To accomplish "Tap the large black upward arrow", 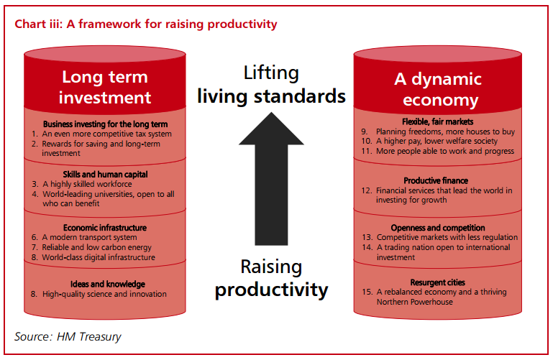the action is coord(271,179).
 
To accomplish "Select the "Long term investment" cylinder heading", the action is coord(105,87).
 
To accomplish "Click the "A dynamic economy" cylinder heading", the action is coord(438,89).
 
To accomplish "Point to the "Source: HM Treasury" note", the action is coord(68,336).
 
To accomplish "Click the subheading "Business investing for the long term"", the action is coord(105,124).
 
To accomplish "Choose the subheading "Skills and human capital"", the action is coord(105,175).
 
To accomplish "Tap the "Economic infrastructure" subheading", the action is coord(105,228).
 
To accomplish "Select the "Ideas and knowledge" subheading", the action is coord(108,284).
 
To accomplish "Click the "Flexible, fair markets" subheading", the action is coord(438,122).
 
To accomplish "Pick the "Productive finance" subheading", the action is coord(436,180).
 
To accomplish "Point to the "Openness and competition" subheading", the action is coord(438,228).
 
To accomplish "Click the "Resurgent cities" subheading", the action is coord(438,282).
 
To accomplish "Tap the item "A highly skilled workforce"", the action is coord(87,184).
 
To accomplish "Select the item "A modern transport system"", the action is coord(89,237).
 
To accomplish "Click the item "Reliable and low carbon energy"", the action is coord(96,247).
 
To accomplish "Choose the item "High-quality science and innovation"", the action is coord(104,294).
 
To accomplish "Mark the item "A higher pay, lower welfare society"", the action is coord(437,142).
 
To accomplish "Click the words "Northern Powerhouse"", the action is coord(414,302).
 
